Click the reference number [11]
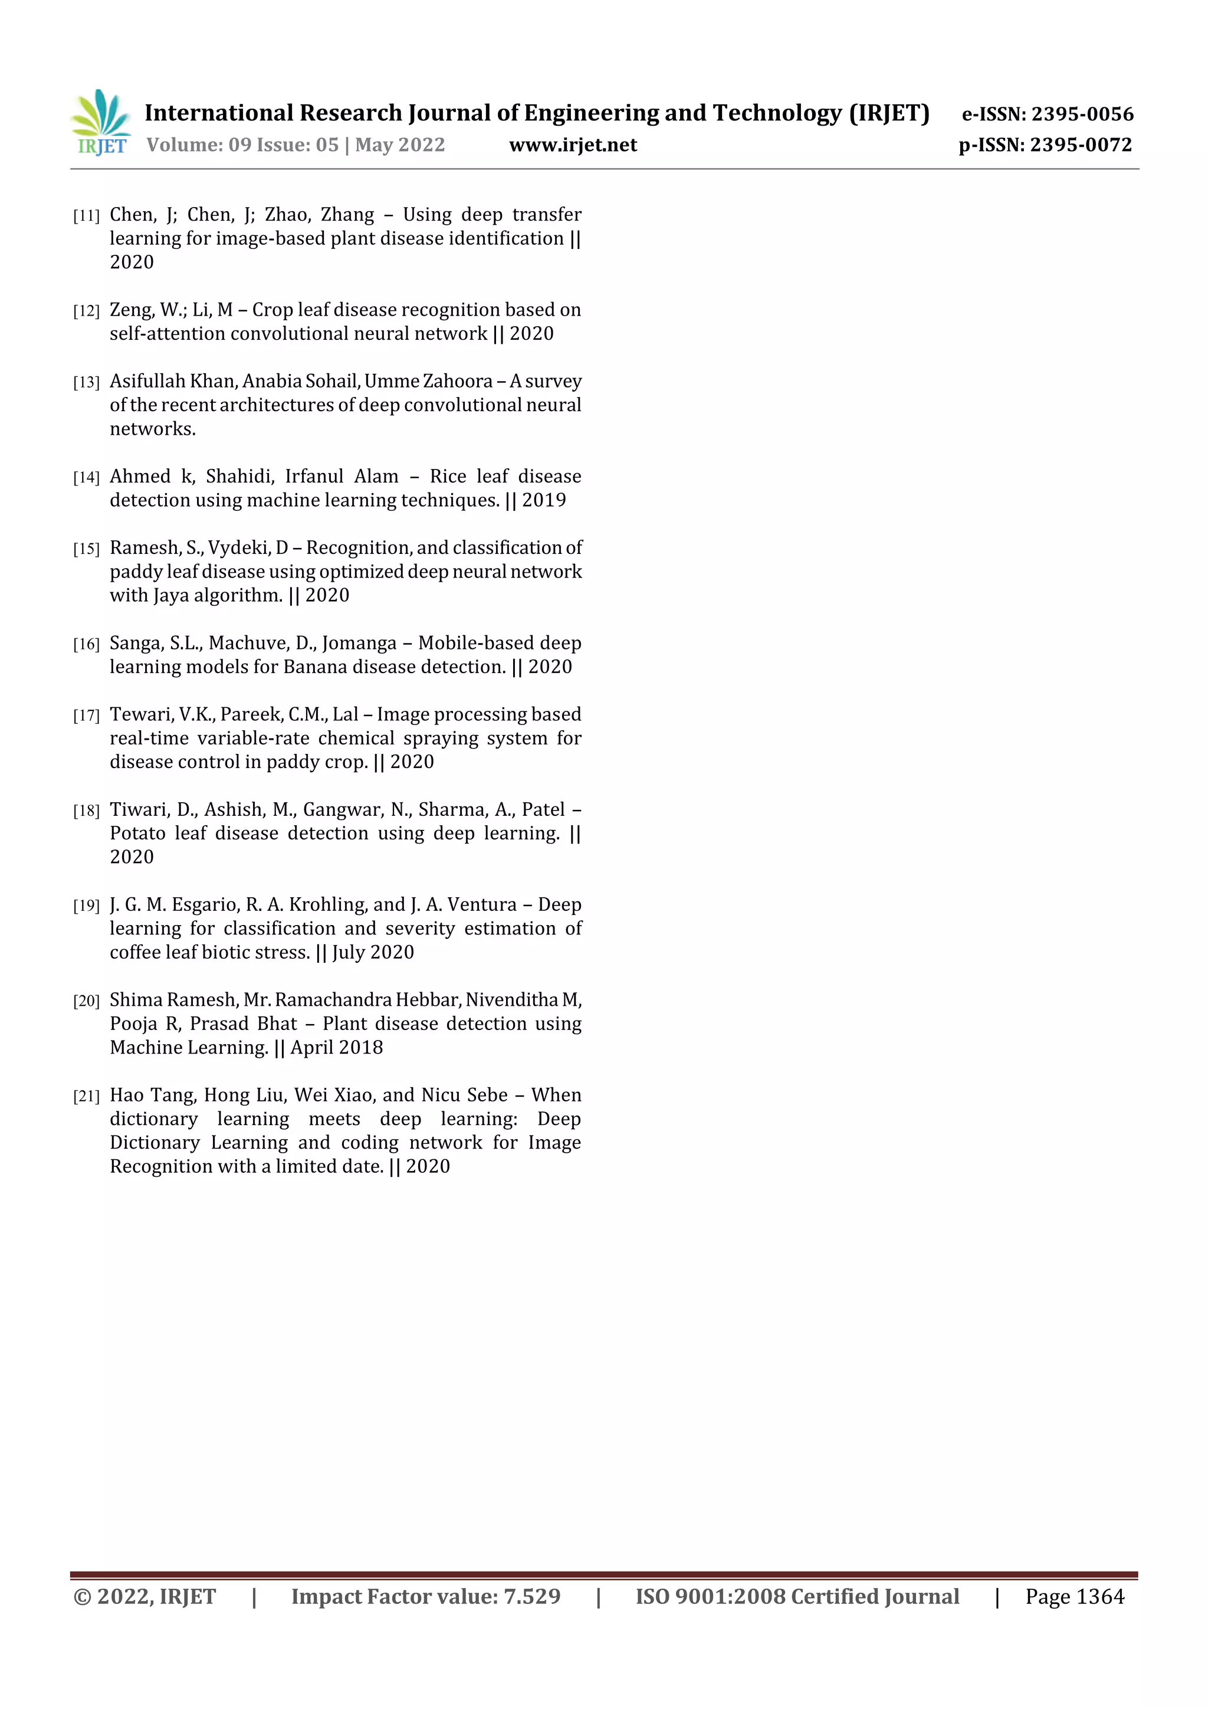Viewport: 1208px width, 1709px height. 86,216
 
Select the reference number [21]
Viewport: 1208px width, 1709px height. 86,1097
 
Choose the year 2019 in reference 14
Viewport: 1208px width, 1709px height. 543,500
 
